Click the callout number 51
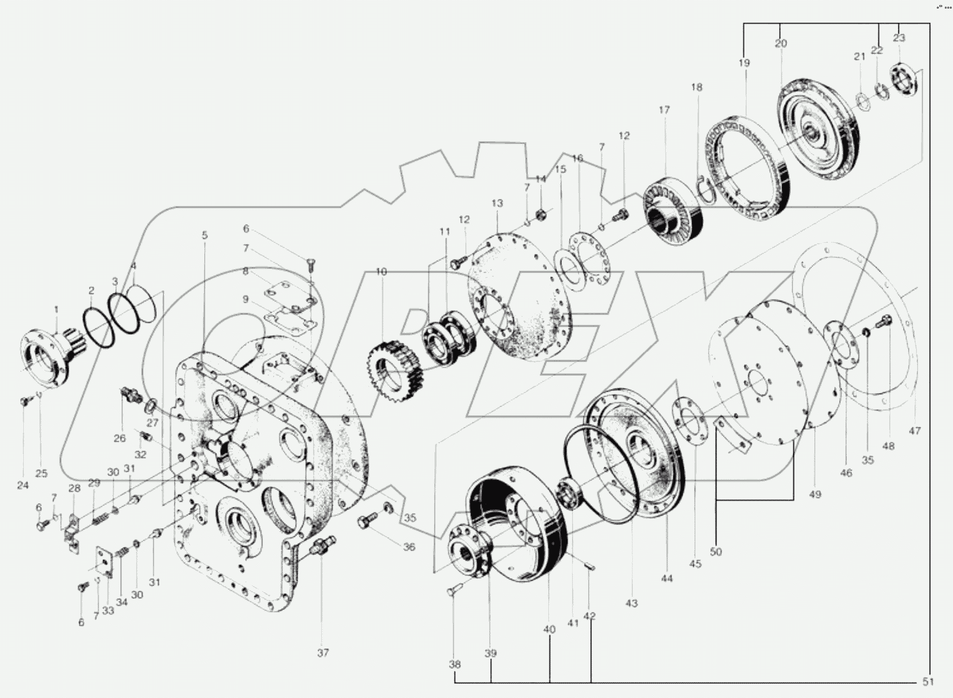[x=928, y=682]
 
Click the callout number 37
[x=323, y=652]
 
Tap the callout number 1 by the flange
[x=56, y=309]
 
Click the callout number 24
[x=23, y=485]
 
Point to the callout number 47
[x=915, y=431]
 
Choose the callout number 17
[x=664, y=110]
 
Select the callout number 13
[x=497, y=203]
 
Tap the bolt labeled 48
[x=886, y=321]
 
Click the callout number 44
[x=667, y=578]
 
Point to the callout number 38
[x=455, y=665]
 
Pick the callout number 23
[x=899, y=38]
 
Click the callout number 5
[x=204, y=235]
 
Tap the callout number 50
[x=716, y=552]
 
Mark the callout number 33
[x=108, y=610]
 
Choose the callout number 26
[x=119, y=438]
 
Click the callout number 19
[x=744, y=63]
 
